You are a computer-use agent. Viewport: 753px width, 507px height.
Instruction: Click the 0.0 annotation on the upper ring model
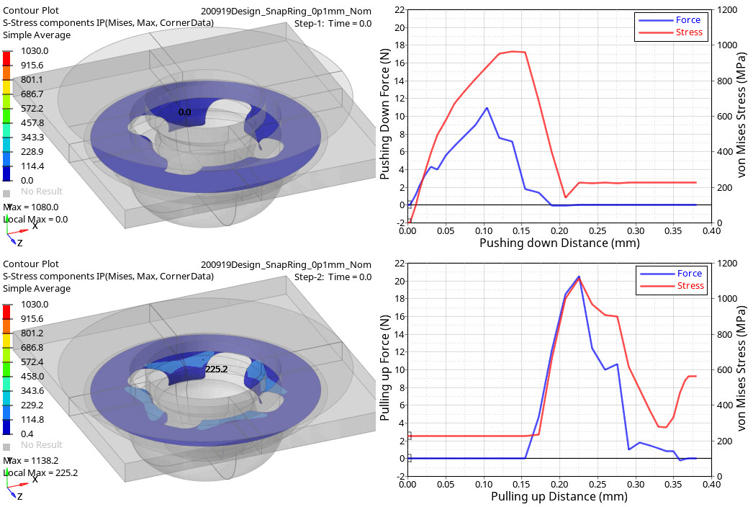coord(185,112)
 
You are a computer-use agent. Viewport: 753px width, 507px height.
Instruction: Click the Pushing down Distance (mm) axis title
coord(559,243)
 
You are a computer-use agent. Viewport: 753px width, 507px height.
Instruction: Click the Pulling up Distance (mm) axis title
coord(559,497)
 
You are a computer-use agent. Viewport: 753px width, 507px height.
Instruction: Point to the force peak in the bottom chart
coord(579,277)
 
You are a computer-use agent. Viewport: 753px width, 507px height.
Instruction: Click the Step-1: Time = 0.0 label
coord(333,24)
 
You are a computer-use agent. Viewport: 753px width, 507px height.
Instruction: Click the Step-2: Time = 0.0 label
coord(333,277)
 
